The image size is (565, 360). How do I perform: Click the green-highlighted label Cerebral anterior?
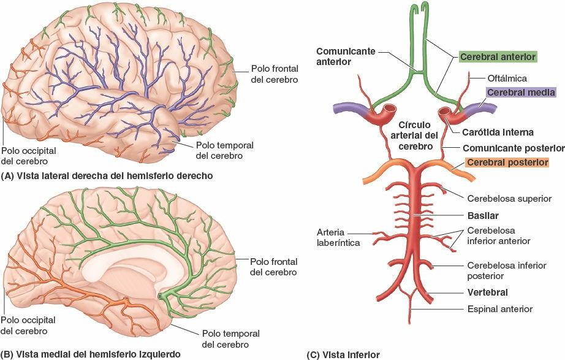coord(498,56)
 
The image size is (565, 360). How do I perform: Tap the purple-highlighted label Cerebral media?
coord(521,93)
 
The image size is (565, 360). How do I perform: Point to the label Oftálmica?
coord(507,78)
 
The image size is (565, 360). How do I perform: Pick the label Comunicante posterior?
coord(513,148)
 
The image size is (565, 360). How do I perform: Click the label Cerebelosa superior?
coord(510,198)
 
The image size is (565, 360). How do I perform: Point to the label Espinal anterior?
coord(499,309)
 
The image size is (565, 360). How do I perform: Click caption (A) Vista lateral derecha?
coord(107,175)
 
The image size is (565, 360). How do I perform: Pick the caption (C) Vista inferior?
coord(343,354)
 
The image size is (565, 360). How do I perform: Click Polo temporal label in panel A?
coord(224,150)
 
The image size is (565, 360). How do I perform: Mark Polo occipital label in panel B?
coord(28,326)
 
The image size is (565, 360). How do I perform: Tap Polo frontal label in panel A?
coord(274,74)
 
